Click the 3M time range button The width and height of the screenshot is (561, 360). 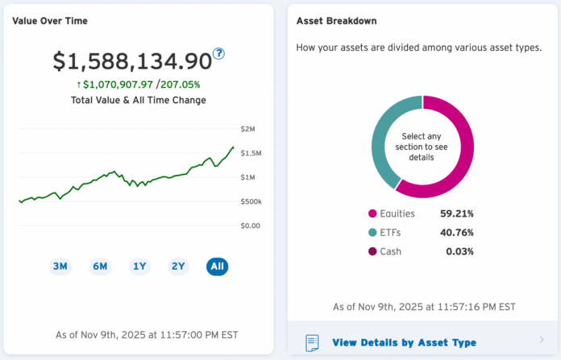pos(60,267)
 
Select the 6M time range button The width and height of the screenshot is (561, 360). pos(100,267)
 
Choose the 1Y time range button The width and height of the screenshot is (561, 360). pos(139,267)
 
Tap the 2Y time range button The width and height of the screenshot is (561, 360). pos(178,267)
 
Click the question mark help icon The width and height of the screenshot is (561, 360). pos(218,54)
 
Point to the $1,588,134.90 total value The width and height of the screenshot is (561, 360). pos(132,61)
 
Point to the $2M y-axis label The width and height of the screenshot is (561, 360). pos(247,129)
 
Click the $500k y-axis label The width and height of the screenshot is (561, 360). pos(251,201)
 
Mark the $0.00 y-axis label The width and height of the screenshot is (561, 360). pos(250,226)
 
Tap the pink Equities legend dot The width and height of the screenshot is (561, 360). pos(372,214)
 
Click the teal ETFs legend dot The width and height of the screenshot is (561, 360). pos(372,233)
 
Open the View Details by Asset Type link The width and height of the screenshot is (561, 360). pos(404,342)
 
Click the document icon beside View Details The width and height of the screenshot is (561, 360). pos(312,342)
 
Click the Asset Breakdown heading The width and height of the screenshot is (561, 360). pos(336,21)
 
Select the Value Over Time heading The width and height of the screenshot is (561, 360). pos(50,21)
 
